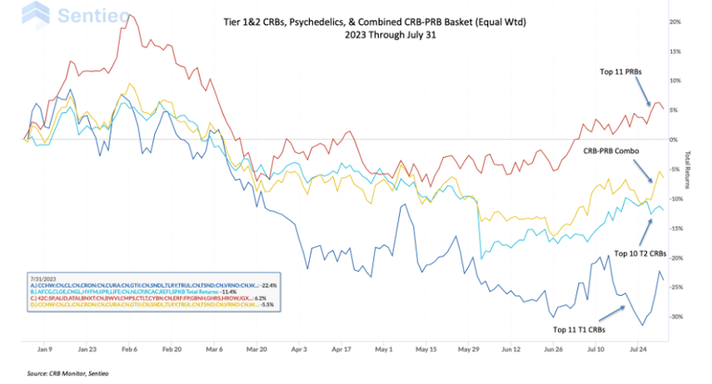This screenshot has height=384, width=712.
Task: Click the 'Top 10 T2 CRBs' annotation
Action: [641, 252]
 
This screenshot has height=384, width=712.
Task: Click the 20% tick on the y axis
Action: [676, 20]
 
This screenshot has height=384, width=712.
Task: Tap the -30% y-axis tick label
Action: [676, 316]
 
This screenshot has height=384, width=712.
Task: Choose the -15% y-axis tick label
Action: [676, 228]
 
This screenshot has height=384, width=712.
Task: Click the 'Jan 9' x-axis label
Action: [44, 352]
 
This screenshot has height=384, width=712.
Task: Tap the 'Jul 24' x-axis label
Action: [639, 352]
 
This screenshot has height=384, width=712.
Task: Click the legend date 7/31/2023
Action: [42, 277]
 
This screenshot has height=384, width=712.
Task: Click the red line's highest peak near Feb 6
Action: [123, 14]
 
